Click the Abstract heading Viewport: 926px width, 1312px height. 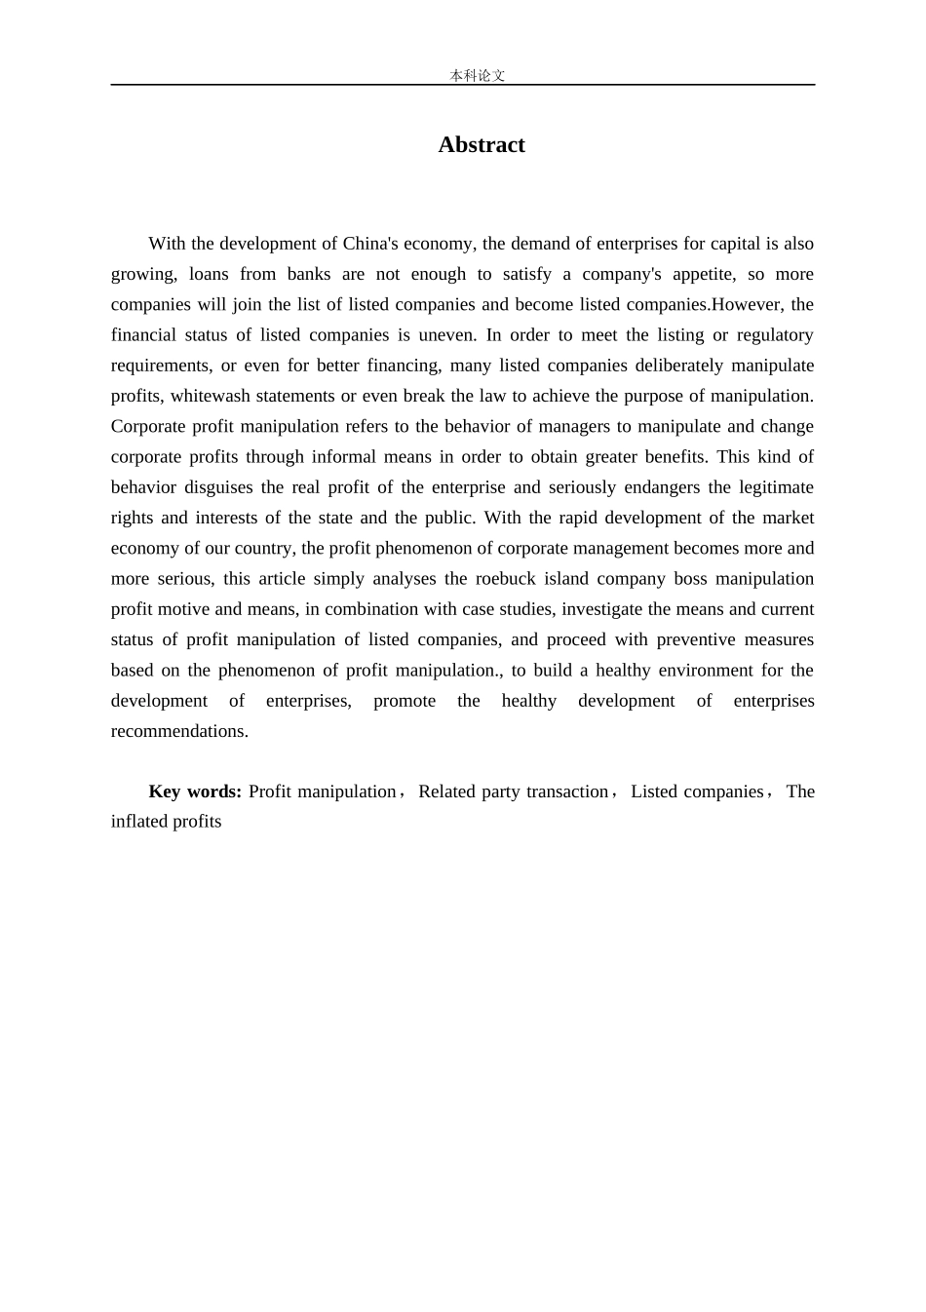tap(482, 145)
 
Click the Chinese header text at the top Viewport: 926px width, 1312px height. tap(477, 75)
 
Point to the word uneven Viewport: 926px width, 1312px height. tap(448, 335)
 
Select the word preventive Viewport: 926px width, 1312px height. tap(696, 639)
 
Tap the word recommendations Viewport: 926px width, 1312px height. tap(178, 731)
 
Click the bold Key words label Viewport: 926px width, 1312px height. tap(195, 791)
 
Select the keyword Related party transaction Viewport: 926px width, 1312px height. tap(513, 791)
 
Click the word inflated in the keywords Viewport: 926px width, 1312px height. tap(139, 822)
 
